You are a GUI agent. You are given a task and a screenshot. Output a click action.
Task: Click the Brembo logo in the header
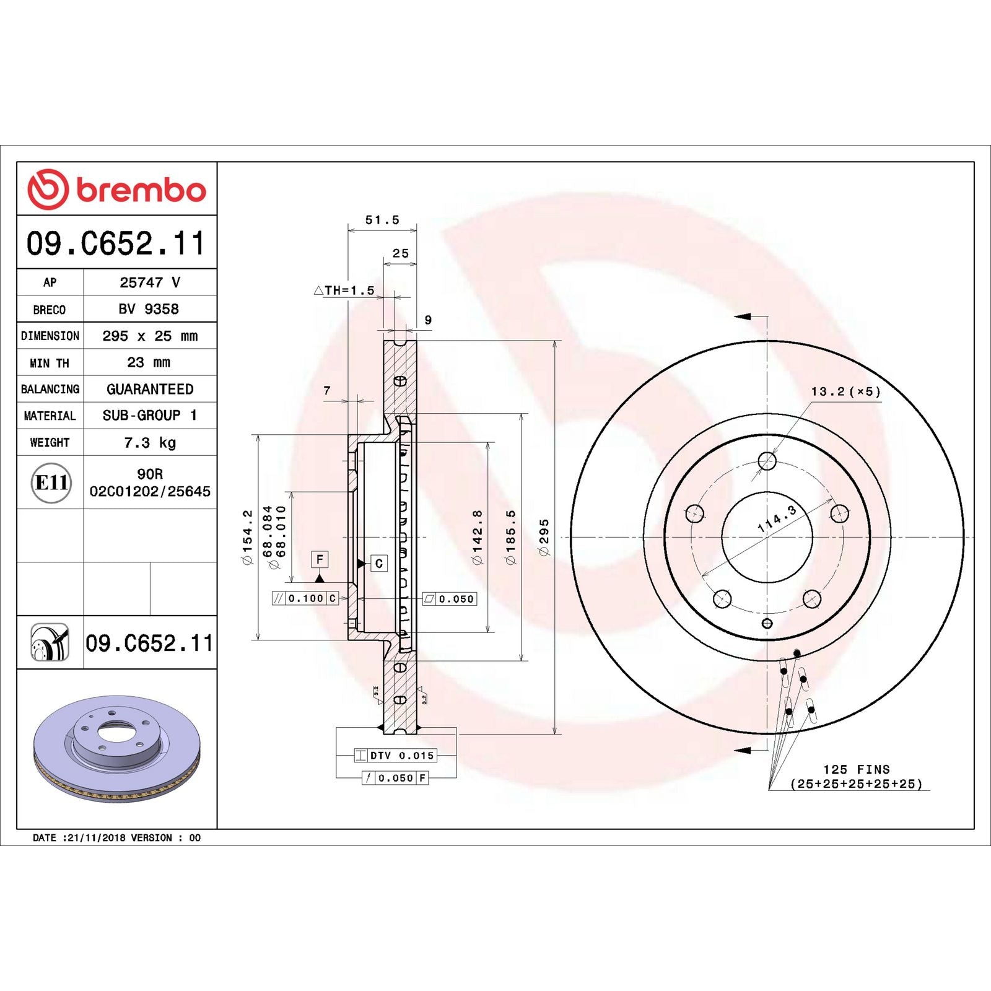[116, 189]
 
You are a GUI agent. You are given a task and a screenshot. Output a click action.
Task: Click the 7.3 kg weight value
[150, 443]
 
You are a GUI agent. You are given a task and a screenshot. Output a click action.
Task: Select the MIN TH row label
[50, 363]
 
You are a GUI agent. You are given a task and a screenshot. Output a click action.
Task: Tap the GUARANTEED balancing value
[150, 389]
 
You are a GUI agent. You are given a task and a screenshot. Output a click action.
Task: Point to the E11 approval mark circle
[51, 482]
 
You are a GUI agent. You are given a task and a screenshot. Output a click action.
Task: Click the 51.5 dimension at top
[382, 220]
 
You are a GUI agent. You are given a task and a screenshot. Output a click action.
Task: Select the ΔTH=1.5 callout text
[344, 290]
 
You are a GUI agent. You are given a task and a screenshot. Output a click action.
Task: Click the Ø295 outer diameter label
[544, 537]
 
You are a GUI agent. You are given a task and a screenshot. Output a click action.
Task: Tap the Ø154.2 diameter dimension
[247, 537]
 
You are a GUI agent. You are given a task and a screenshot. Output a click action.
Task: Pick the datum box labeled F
[320, 559]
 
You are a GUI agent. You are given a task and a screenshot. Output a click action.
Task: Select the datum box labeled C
[379, 564]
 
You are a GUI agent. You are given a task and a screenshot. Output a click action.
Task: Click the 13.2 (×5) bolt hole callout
[845, 391]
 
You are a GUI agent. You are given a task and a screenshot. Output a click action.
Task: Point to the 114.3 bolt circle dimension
[777, 519]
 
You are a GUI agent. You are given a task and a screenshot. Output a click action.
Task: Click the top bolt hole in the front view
[767, 461]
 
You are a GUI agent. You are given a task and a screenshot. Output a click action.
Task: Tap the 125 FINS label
[856, 769]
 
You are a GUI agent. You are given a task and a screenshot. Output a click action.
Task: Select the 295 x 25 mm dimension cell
[150, 336]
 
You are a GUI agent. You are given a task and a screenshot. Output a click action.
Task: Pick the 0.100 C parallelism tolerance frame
[305, 598]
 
